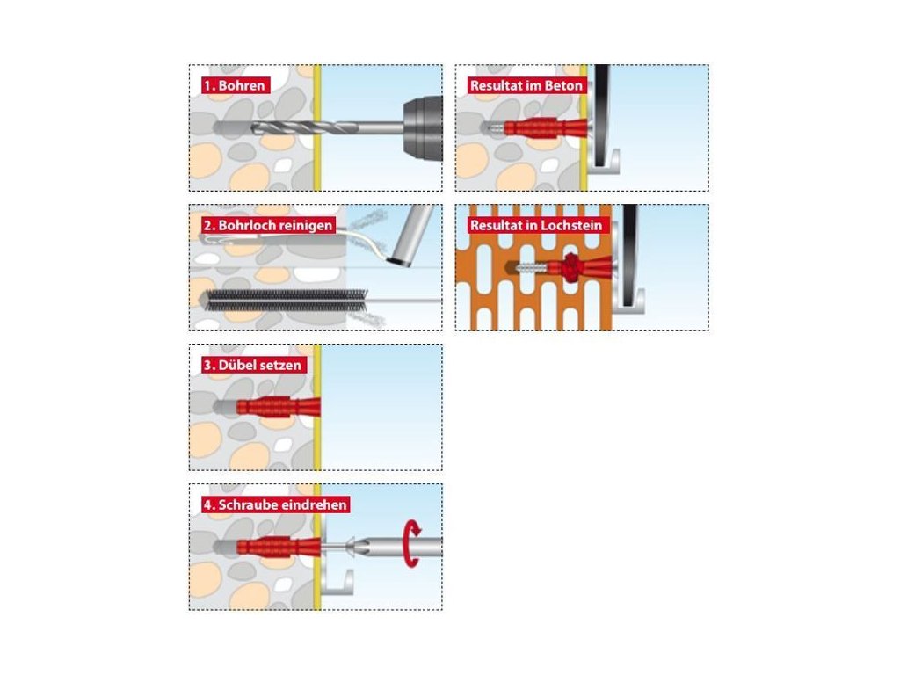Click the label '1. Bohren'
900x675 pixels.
tap(236, 85)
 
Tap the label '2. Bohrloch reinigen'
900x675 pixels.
tap(268, 225)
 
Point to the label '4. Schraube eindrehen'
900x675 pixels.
tap(275, 505)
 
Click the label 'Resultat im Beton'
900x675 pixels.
tap(526, 85)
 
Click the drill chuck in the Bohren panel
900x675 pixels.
tap(423, 128)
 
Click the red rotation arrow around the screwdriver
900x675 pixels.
tap(411, 543)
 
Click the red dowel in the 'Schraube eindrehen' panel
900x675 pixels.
tap(278, 547)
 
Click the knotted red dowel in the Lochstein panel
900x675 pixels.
tap(571, 267)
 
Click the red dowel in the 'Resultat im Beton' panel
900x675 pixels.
tap(545, 128)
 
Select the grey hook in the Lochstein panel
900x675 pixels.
tap(628, 300)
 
